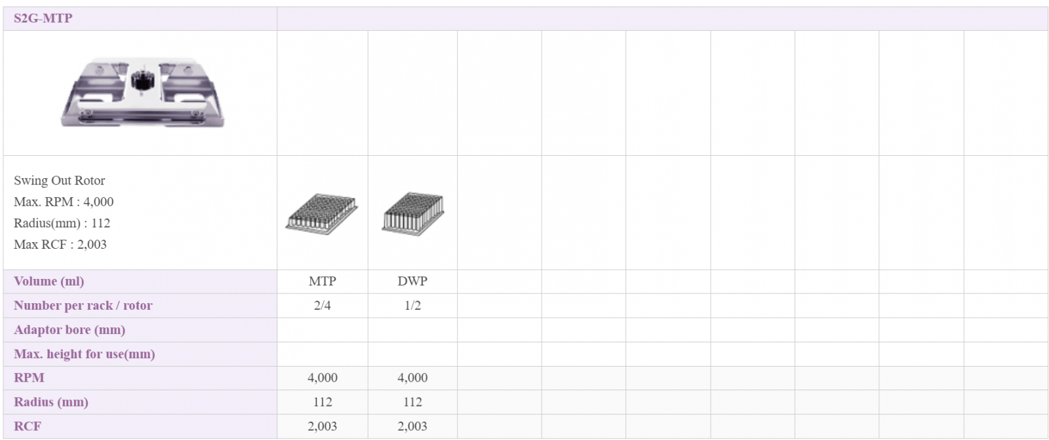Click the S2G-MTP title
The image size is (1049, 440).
click(x=43, y=18)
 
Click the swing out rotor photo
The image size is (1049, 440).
click(x=142, y=92)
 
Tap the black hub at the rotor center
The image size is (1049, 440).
click(x=142, y=81)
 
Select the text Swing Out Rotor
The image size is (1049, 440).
click(x=60, y=181)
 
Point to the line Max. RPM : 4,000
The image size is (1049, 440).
click(x=64, y=202)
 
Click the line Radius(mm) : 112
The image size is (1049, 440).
click(x=62, y=223)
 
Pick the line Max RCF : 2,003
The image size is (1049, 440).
click(x=60, y=244)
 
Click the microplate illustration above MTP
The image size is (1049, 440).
click(x=322, y=213)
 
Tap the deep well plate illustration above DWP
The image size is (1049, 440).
click(x=412, y=213)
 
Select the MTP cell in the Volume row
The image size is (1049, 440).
click(x=322, y=281)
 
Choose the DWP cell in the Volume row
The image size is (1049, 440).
click(x=412, y=281)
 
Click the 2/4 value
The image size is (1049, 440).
click(x=322, y=305)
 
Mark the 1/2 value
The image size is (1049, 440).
click(x=412, y=305)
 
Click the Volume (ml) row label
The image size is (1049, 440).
click(x=49, y=282)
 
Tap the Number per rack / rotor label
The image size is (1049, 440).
click(x=83, y=305)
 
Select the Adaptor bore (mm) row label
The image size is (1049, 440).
click(x=69, y=330)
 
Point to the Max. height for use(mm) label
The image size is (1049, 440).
click(x=85, y=354)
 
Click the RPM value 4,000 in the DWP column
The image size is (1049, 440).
click(x=412, y=378)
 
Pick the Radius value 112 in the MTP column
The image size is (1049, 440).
click(x=322, y=402)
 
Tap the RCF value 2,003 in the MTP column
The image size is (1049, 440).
click(x=322, y=426)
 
